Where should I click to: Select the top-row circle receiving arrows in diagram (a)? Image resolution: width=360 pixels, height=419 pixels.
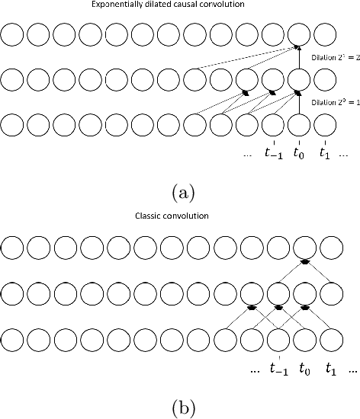[x=299, y=34]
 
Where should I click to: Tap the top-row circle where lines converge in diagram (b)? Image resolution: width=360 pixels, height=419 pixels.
[x=304, y=248]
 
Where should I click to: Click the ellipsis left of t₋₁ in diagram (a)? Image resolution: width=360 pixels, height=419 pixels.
[x=246, y=155]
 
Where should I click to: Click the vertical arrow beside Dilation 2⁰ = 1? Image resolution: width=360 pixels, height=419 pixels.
[x=299, y=101]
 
